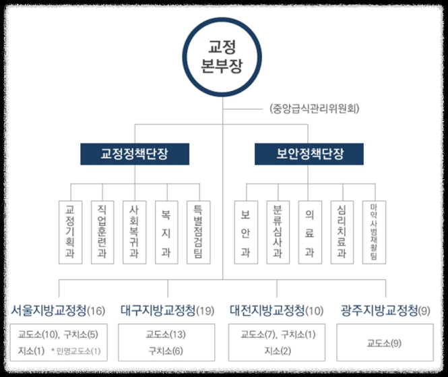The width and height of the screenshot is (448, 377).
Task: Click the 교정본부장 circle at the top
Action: coord(223,57)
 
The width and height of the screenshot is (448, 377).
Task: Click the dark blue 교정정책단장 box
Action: coord(135,154)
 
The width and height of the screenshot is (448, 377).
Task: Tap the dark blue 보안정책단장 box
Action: coord(309,154)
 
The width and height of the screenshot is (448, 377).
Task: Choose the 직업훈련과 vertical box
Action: coord(102,233)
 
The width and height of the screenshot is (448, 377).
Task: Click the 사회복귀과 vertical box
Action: coord(133,233)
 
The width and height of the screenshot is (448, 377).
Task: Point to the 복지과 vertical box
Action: coord(166,233)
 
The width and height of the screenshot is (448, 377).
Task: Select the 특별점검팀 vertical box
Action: coord(198,233)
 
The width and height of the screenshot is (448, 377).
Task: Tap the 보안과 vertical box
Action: coord(245,233)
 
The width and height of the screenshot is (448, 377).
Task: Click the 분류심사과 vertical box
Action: coord(278,233)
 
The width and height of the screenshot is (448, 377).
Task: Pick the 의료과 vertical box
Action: coord(310,233)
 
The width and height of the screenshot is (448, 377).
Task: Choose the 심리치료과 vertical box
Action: coord(342,233)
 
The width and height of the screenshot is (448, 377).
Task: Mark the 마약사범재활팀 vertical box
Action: coord(374,233)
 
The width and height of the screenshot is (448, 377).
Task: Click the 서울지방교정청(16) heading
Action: coord(59,311)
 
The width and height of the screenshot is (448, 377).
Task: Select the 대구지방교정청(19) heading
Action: coord(168,311)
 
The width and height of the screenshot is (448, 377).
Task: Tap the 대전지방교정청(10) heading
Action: coord(276,311)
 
